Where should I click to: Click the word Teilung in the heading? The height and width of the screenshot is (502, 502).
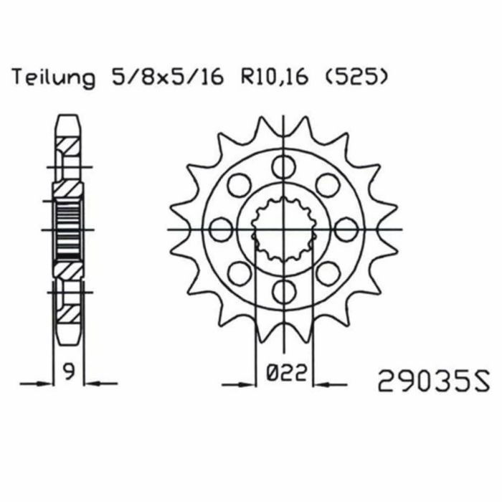(x=54, y=78)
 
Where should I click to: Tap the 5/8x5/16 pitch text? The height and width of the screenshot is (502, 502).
(x=167, y=77)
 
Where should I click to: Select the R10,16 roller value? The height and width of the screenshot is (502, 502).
(x=275, y=77)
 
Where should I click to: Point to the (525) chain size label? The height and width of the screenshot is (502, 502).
(x=356, y=77)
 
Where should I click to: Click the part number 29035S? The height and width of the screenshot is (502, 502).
(x=433, y=381)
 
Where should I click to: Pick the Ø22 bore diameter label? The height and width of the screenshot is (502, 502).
(x=287, y=373)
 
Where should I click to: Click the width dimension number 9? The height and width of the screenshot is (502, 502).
(x=69, y=372)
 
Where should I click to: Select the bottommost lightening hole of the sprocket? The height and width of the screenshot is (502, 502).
(x=284, y=291)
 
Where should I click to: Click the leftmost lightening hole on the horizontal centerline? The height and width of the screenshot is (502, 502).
(x=221, y=229)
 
